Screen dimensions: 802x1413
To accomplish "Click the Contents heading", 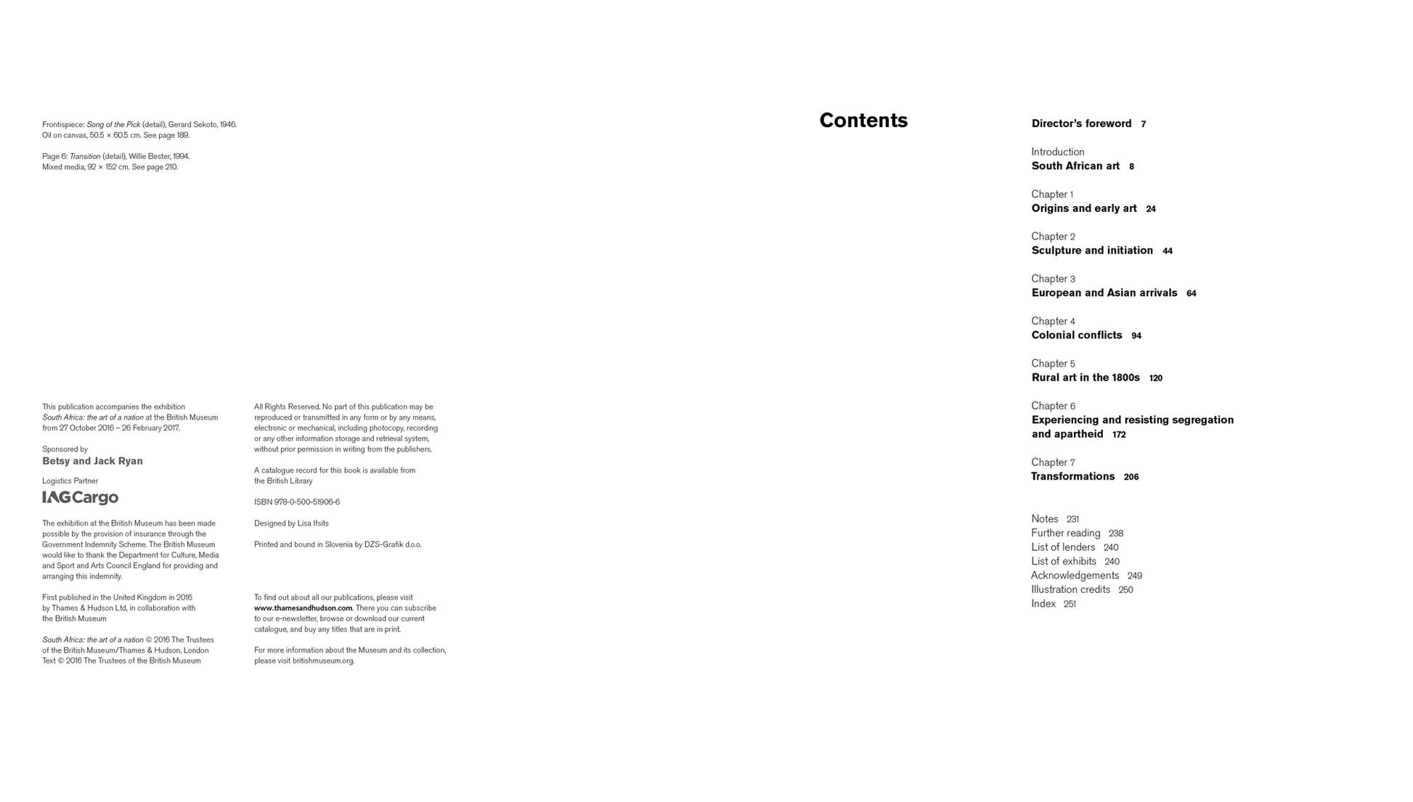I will [863, 120].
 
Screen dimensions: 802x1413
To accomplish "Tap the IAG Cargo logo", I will [81, 498].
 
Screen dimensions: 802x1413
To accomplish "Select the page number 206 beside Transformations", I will [1131, 478].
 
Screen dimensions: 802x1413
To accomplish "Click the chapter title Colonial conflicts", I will [1077, 335].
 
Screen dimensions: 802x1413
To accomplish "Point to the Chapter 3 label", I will [1053, 279].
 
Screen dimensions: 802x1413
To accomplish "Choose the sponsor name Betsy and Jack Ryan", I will [92, 462].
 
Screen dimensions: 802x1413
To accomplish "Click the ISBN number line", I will [296, 502].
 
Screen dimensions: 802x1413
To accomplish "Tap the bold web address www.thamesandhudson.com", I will [303, 608].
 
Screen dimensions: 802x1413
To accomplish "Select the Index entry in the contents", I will [1043, 604].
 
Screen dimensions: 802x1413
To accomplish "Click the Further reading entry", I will [1065, 533].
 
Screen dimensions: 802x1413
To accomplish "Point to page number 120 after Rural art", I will [1155, 378].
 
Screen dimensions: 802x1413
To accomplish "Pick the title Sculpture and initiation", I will [1092, 250].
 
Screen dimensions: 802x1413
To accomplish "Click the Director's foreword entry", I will [1081, 124].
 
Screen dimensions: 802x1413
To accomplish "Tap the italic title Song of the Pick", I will [113, 125].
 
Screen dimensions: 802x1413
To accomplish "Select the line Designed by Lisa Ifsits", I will [291, 523].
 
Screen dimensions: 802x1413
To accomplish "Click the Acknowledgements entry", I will [1075, 576].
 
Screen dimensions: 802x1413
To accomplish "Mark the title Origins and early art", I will [1084, 208].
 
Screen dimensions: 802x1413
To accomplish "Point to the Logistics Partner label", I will [70, 481].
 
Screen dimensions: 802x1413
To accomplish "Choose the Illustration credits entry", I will [1070, 590].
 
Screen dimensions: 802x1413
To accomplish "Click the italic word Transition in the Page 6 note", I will [85, 157].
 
